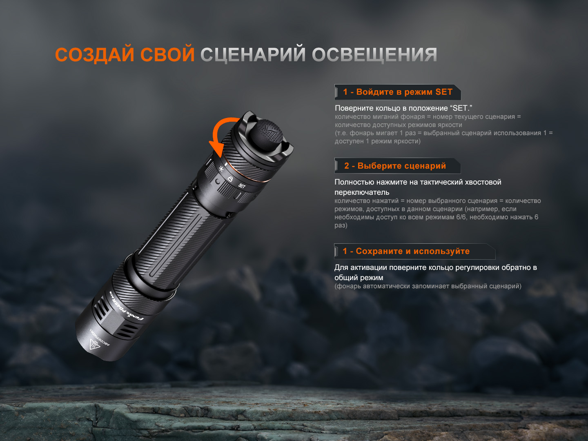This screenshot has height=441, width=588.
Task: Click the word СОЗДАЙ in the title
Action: click(95, 55)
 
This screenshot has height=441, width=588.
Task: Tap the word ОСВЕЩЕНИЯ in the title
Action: click(374, 55)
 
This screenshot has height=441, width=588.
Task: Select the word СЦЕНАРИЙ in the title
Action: click(253, 55)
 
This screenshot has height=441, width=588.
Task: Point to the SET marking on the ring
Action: click(242, 186)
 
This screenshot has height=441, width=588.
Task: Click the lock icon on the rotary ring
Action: click(230, 179)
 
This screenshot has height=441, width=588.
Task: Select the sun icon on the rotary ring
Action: click(221, 168)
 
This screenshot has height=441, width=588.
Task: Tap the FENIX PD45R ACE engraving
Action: click(125, 305)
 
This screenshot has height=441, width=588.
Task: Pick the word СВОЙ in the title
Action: click(167, 55)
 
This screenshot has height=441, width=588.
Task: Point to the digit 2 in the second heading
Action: click(347, 166)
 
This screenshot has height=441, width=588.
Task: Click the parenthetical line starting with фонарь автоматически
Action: click(428, 286)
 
